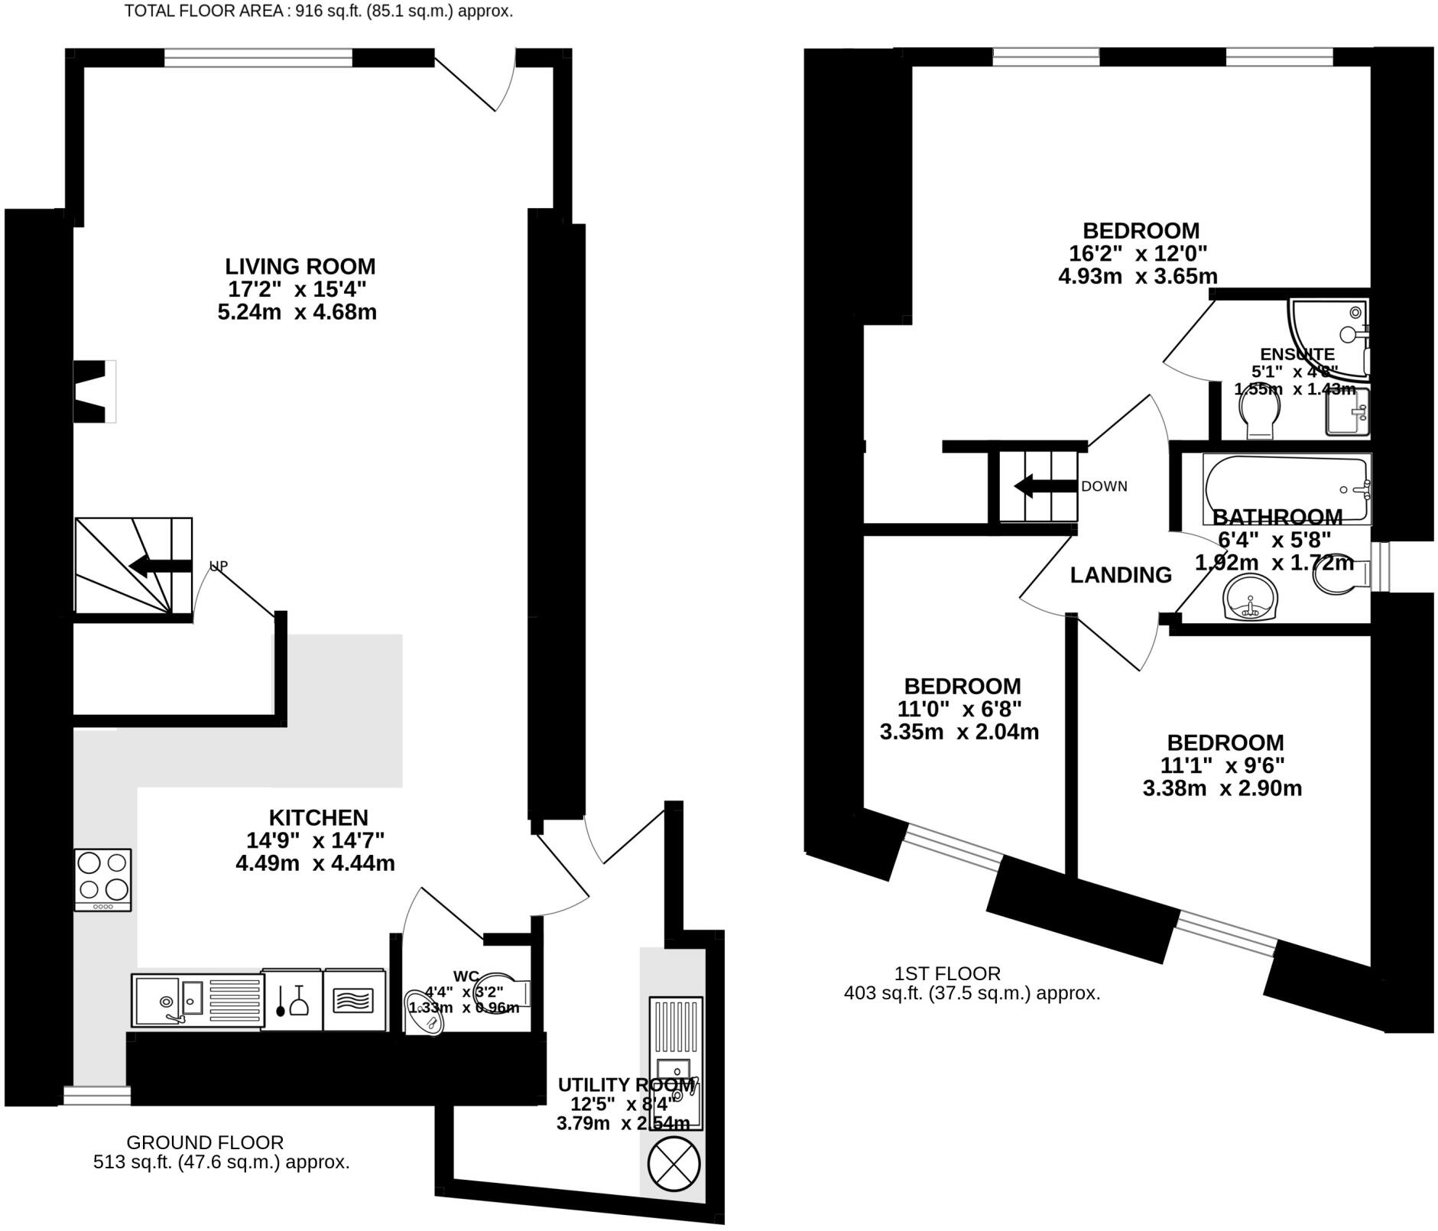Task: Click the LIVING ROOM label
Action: (x=300, y=267)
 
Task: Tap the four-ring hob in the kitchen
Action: (x=102, y=879)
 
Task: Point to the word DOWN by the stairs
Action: (x=1104, y=486)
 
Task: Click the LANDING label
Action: (x=1120, y=575)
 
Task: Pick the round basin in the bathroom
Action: (x=1250, y=598)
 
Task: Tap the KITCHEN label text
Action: (x=318, y=817)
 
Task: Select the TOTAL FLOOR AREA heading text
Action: (x=318, y=11)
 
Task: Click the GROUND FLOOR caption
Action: (x=205, y=1142)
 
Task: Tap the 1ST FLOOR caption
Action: (x=947, y=973)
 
